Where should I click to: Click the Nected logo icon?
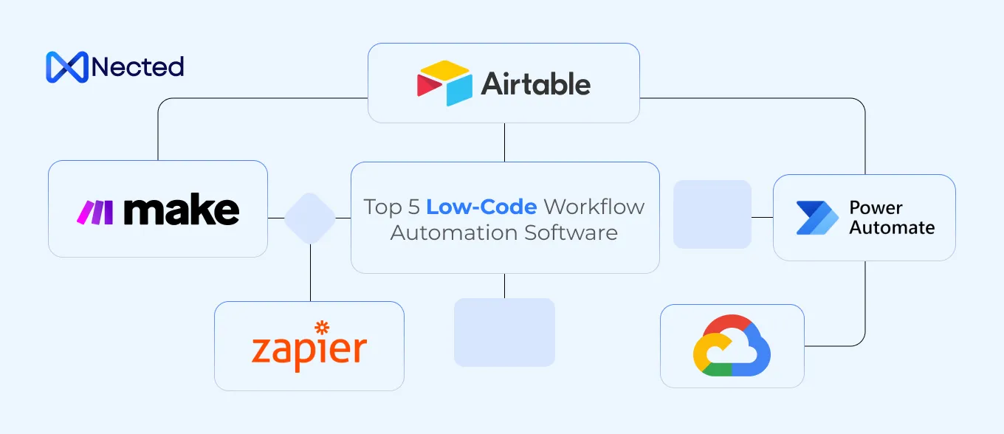point(66,66)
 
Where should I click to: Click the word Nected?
point(137,67)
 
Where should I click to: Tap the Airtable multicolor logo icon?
point(444,83)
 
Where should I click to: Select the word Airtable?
point(536,84)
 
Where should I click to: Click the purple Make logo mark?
point(95,212)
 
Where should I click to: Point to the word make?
point(182,211)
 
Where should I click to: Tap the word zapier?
point(309,350)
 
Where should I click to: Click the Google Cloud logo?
point(732,346)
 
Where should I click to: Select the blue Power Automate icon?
point(818,218)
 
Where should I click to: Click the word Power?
point(876,208)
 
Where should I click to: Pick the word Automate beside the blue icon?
point(892,228)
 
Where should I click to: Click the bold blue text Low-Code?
point(481,207)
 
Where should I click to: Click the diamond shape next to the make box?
point(310,218)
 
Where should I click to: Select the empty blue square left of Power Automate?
point(712,214)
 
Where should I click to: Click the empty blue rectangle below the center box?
point(504,332)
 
